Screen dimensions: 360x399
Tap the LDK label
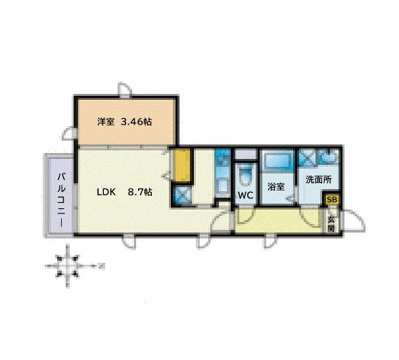pos(106,192)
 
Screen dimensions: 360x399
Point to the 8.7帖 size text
pos(140,192)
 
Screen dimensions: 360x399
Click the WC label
pos(245,196)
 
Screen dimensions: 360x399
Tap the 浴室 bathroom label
pos(275,186)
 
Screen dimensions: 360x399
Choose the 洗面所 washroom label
pos(317,179)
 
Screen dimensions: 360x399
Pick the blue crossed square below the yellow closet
pos(182,195)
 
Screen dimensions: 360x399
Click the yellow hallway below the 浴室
pos(276,220)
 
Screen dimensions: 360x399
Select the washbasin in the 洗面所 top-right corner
pos(329,158)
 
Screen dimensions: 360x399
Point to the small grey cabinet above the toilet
pos(245,155)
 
